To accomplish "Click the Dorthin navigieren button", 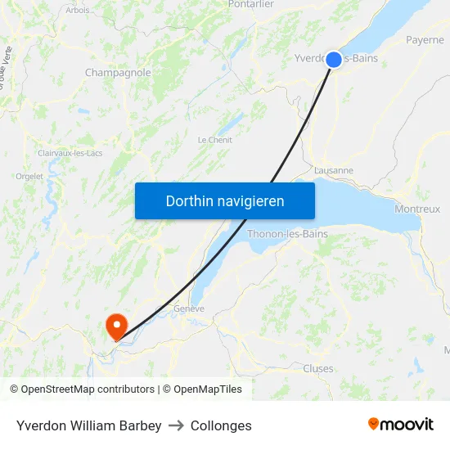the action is (225, 200).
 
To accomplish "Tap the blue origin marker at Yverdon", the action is (334, 59).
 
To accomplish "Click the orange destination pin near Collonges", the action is (116, 326).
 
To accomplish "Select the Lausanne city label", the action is (334, 170).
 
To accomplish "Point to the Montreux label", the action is (417, 209).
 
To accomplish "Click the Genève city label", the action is (188, 308).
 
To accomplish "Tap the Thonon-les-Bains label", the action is (287, 234).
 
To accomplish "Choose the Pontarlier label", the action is (251, 5).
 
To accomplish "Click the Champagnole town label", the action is (118, 73).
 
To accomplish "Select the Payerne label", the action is (425, 39).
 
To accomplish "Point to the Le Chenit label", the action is (215, 140).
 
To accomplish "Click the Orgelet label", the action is (29, 176).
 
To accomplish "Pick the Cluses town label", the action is (318, 368).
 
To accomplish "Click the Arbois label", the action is (78, 11).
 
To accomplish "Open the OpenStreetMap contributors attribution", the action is (88, 389).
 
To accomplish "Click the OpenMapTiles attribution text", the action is (207, 389).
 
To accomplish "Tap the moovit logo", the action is (401, 424).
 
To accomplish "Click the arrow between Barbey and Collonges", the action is (176, 425).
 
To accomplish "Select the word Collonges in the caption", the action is (221, 425).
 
